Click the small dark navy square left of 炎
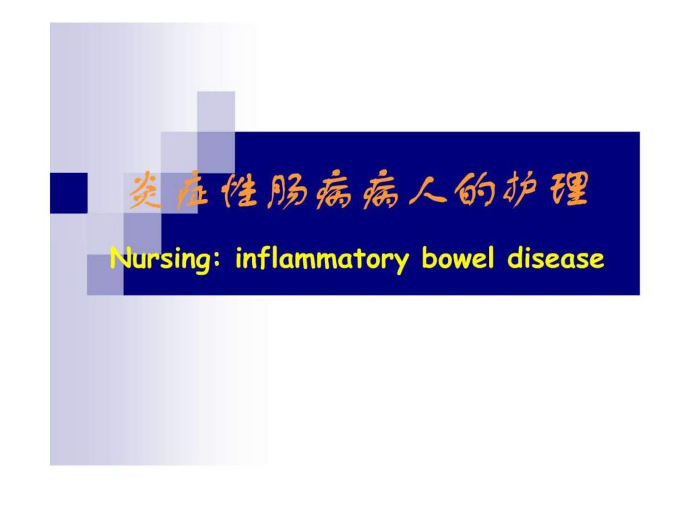tap(69, 193)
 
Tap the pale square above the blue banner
tap(216, 112)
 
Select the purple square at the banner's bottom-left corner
tap(105, 274)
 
